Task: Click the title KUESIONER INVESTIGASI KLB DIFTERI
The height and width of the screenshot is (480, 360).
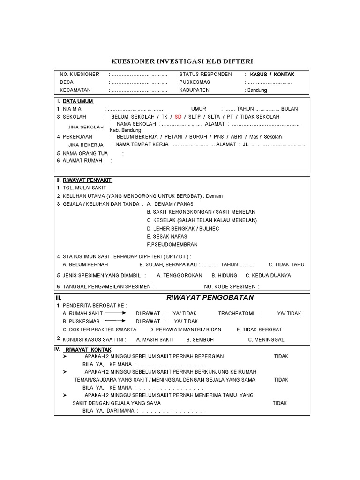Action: click(182, 61)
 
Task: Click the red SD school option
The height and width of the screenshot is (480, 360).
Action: click(178, 117)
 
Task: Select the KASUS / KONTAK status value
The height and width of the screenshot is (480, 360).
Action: click(272, 75)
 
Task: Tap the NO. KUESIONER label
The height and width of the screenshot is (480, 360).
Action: click(80, 75)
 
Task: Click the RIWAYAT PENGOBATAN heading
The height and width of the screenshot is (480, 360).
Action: click(210, 298)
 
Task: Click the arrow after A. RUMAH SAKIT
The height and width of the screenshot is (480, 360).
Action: click(116, 313)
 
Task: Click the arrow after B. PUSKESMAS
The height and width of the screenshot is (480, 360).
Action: click(116, 321)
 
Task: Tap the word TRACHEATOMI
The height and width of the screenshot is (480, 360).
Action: click(235, 313)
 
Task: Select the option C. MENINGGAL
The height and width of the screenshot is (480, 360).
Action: click(266, 339)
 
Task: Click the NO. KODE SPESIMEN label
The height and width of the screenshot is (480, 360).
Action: click(230, 287)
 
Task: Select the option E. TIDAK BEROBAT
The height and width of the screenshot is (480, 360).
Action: click(259, 330)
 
